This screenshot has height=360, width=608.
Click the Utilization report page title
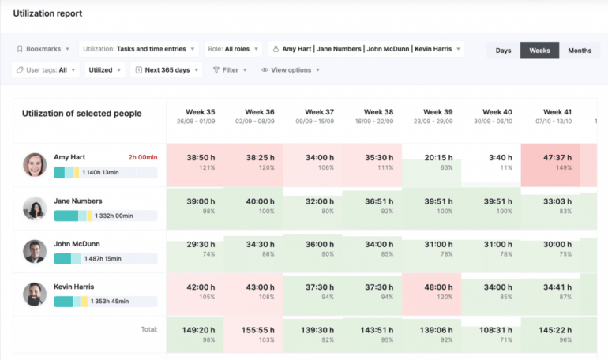pyautogui.click(x=47, y=14)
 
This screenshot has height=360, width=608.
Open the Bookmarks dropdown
pyautogui.click(x=43, y=49)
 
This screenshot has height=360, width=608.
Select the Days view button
pyautogui.click(x=503, y=51)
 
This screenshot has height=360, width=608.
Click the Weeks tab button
pyautogui.click(x=539, y=51)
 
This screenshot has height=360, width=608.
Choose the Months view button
pyautogui.click(x=579, y=51)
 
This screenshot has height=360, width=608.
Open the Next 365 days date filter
pyautogui.click(x=167, y=70)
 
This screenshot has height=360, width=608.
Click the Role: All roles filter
pyautogui.click(x=233, y=49)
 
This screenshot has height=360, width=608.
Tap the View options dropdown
pyautogui.click(x=291, y=70)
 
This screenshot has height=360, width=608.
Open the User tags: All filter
pyautogui.click(x=46, y=70)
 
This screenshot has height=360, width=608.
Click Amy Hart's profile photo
pyautogui.click(x=34, y=165)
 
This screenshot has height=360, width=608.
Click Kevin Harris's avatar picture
pyautogui.click(x=34, y=294)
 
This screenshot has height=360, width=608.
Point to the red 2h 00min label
pyautogui.click(x=142, y=157)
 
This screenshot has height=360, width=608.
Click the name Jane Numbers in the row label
pyautogui.click(x=77, y=201)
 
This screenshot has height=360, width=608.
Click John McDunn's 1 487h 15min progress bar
pyautogui.click(x=105, y=258)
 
